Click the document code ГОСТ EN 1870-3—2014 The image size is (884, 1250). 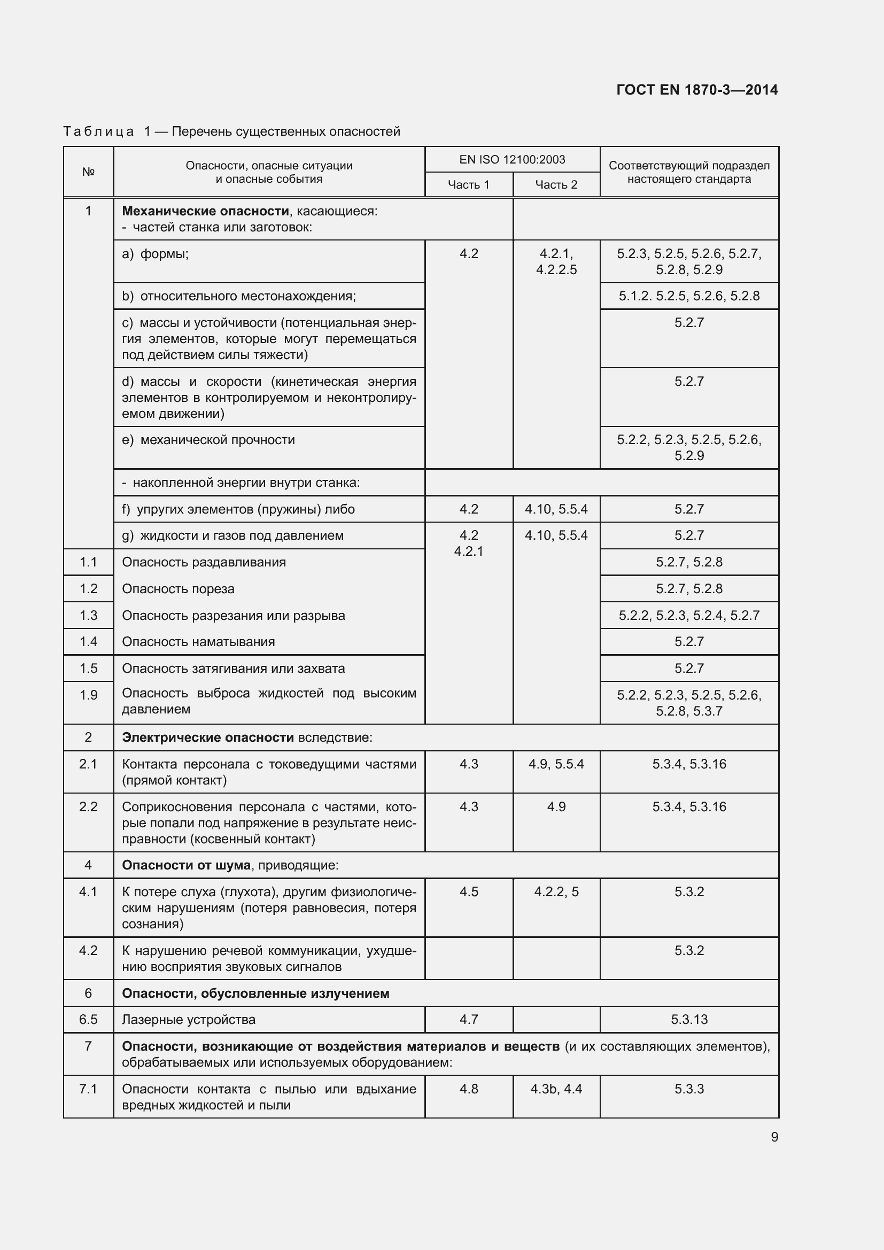click(697, 90)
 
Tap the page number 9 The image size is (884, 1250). click(774, 1137)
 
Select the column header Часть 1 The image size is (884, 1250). click(468, 184)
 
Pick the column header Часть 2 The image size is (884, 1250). click(556, 184)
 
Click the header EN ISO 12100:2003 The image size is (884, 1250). click(511, 159)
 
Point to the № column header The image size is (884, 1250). click(88, 172)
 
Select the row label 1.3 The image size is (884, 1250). click(88, 615)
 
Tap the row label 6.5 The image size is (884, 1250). click(88, 1019)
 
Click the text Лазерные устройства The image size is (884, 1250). click(188, 1019)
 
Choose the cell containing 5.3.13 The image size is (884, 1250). click(688, 1019)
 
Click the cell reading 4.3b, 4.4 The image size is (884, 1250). click(556, 1089)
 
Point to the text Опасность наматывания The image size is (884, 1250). click(198, 642)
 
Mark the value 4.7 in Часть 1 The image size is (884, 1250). click(468, 1019)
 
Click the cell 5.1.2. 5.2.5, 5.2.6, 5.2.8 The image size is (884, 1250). click(688, 296)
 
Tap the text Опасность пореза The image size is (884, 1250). click(178, 588)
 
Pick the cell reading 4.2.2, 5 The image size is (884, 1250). click(556, 892)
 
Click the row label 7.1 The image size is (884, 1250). click(88, 1089)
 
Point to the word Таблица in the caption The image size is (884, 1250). click(98, 131)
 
